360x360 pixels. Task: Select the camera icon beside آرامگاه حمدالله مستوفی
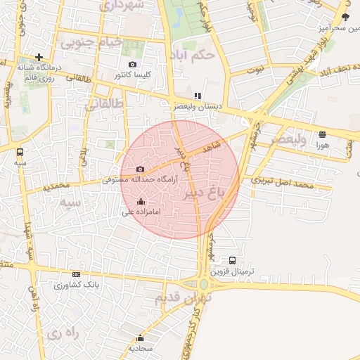(x=140, y=169)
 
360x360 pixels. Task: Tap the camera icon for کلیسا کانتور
(x=131, y=65)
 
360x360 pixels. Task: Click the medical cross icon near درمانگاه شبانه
(x=39, y=57)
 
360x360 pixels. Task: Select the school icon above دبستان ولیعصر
(x=198, y=96)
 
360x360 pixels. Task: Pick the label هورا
(x=322, y=143)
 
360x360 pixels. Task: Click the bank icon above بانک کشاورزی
(x=76, y=274)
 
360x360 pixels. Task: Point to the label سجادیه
(x=141, y=348)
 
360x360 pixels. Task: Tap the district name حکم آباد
(x=191, y=55)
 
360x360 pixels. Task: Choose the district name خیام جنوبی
(x=91, y=42)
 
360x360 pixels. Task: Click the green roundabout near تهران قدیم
(x=204, y=284)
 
